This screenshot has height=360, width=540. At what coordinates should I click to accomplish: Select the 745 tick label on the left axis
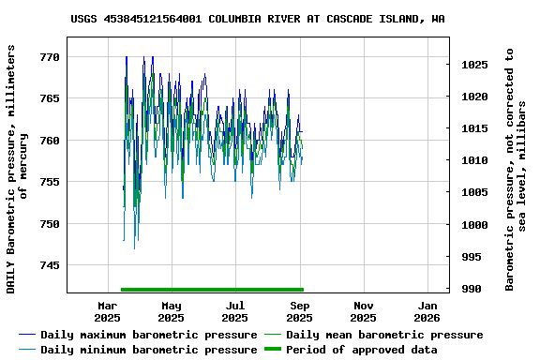[x=50, y=265]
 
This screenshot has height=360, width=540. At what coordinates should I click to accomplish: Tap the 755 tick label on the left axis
[x=50, y=182]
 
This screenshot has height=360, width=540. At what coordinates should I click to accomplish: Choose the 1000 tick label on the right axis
[x=474, y=225]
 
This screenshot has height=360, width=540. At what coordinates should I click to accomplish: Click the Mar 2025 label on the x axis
[x=107, y=311]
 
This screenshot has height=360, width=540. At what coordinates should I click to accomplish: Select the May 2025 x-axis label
[x=171, y=311]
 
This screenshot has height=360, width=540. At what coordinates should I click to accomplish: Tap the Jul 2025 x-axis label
[x=235, y=311]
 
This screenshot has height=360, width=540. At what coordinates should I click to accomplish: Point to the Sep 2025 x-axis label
[x=299, y=311]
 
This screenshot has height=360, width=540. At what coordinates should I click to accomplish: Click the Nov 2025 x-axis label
[x=364, y=311]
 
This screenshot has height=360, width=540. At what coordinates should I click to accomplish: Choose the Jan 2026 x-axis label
[x=427, y=311]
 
